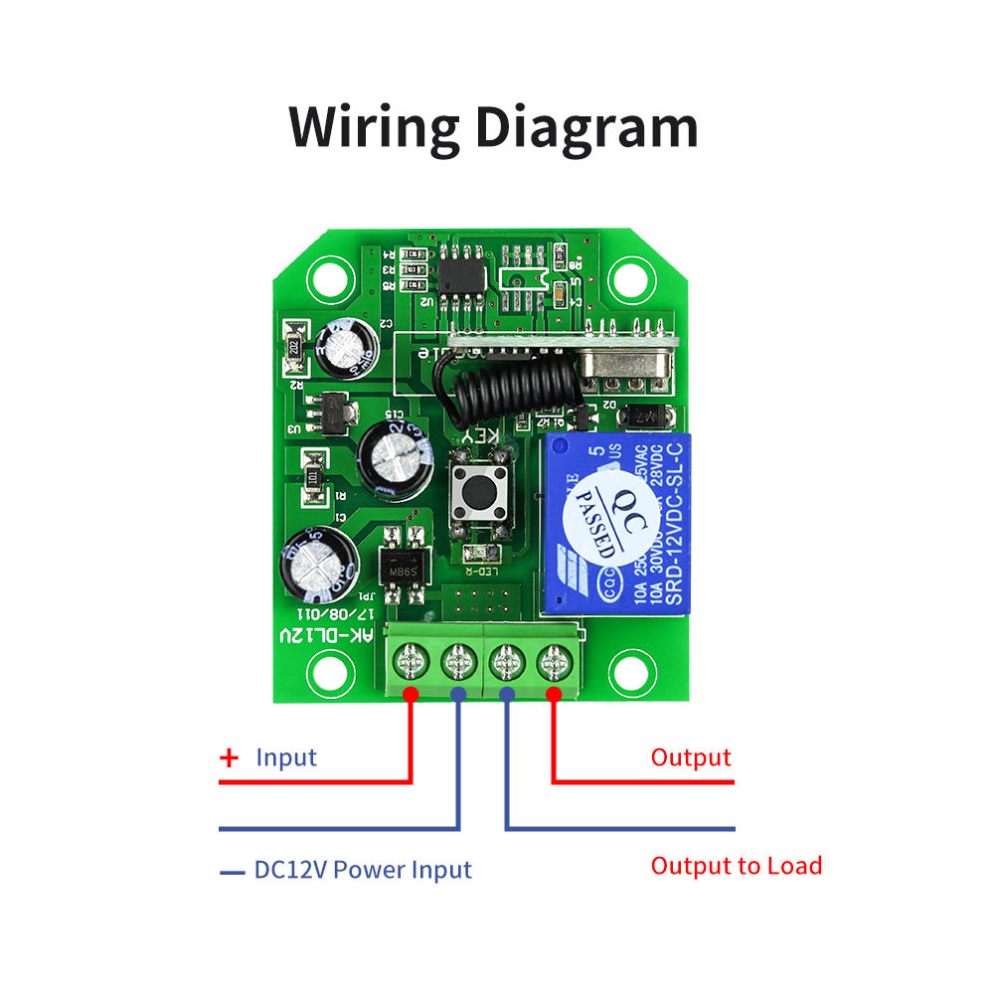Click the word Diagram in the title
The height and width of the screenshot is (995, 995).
(585, 128)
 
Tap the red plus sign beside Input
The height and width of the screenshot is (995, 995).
(230, 758)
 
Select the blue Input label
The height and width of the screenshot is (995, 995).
(286, 757)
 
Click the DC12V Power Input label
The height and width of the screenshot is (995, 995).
(363, 871)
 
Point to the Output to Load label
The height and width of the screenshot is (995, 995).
(737, 866)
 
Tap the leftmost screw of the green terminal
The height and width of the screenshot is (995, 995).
(411, 659)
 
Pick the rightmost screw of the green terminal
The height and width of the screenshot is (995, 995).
(553, 659)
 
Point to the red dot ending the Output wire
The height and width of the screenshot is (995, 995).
(554, 694)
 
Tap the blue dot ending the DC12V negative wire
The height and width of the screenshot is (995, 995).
(458, 694)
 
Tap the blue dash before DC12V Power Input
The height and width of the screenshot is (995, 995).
(233, 873)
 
